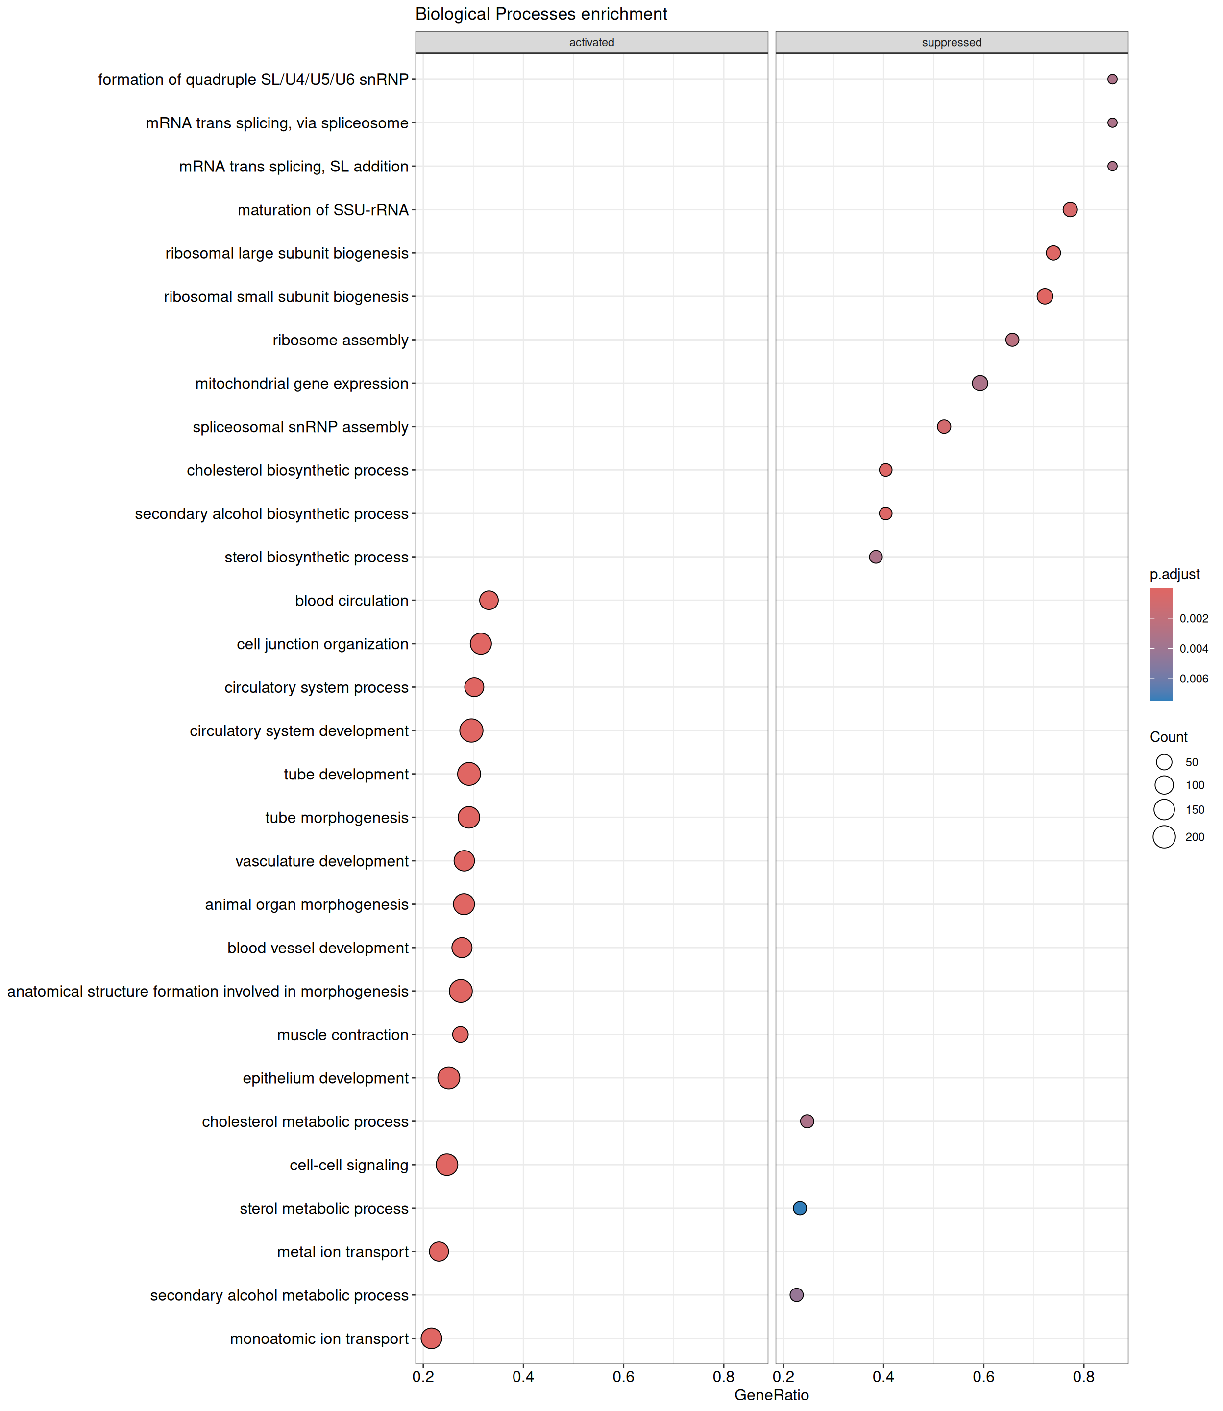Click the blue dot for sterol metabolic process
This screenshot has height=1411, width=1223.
[799, 1208]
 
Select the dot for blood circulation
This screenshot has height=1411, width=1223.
[489, 601]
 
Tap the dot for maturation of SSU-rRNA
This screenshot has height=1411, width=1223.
[1070, 210]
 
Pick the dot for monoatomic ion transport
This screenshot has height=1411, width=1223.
[431, 1338]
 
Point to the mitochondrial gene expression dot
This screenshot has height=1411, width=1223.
[979, 384]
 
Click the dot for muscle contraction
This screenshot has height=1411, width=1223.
[460, 1034]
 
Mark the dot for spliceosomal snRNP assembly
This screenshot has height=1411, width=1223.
[944, 426]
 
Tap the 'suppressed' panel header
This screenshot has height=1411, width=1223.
[952, 42]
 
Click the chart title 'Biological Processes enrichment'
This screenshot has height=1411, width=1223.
[541, 14]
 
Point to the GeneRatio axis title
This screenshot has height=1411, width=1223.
[771, 1395]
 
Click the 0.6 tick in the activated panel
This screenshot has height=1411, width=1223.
[623, 1377]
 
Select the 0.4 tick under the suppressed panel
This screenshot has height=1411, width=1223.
[883, 1377]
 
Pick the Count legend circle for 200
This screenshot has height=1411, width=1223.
[1164, 836]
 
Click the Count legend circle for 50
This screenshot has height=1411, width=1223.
[1164, 762]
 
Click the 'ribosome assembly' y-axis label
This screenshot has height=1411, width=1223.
[340, 340]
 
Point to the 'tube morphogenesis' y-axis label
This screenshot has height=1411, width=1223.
[337, 817]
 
